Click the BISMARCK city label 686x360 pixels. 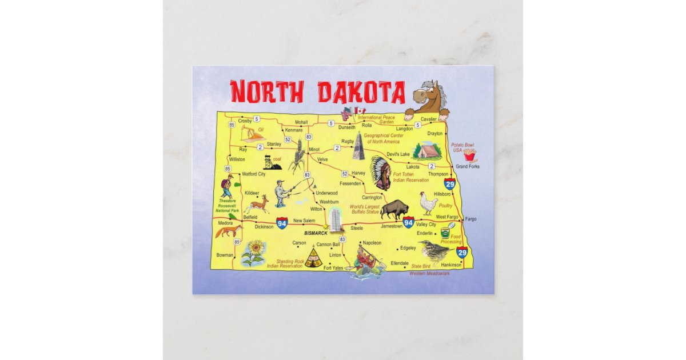(x=316, y=234)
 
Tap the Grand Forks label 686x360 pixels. (x=467, y=166)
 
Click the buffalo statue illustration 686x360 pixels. (x=394, y=209)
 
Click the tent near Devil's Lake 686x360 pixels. (x=426, y=151)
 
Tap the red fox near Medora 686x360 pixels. (x=228, y=231)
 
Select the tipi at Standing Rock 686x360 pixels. (x=312, y=258)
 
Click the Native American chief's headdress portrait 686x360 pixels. (x=381, y=172)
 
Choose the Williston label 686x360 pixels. (x=236, y=159)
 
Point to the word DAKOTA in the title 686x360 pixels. (x=361, y=92)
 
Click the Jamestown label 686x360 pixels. (x=392, y=226)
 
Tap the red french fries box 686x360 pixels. (x=470, y=155)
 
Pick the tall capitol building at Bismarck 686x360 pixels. (x=335, y=219)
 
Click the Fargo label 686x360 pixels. (x=470, y=219)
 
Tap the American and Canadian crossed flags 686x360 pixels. (x=353, y=113)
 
